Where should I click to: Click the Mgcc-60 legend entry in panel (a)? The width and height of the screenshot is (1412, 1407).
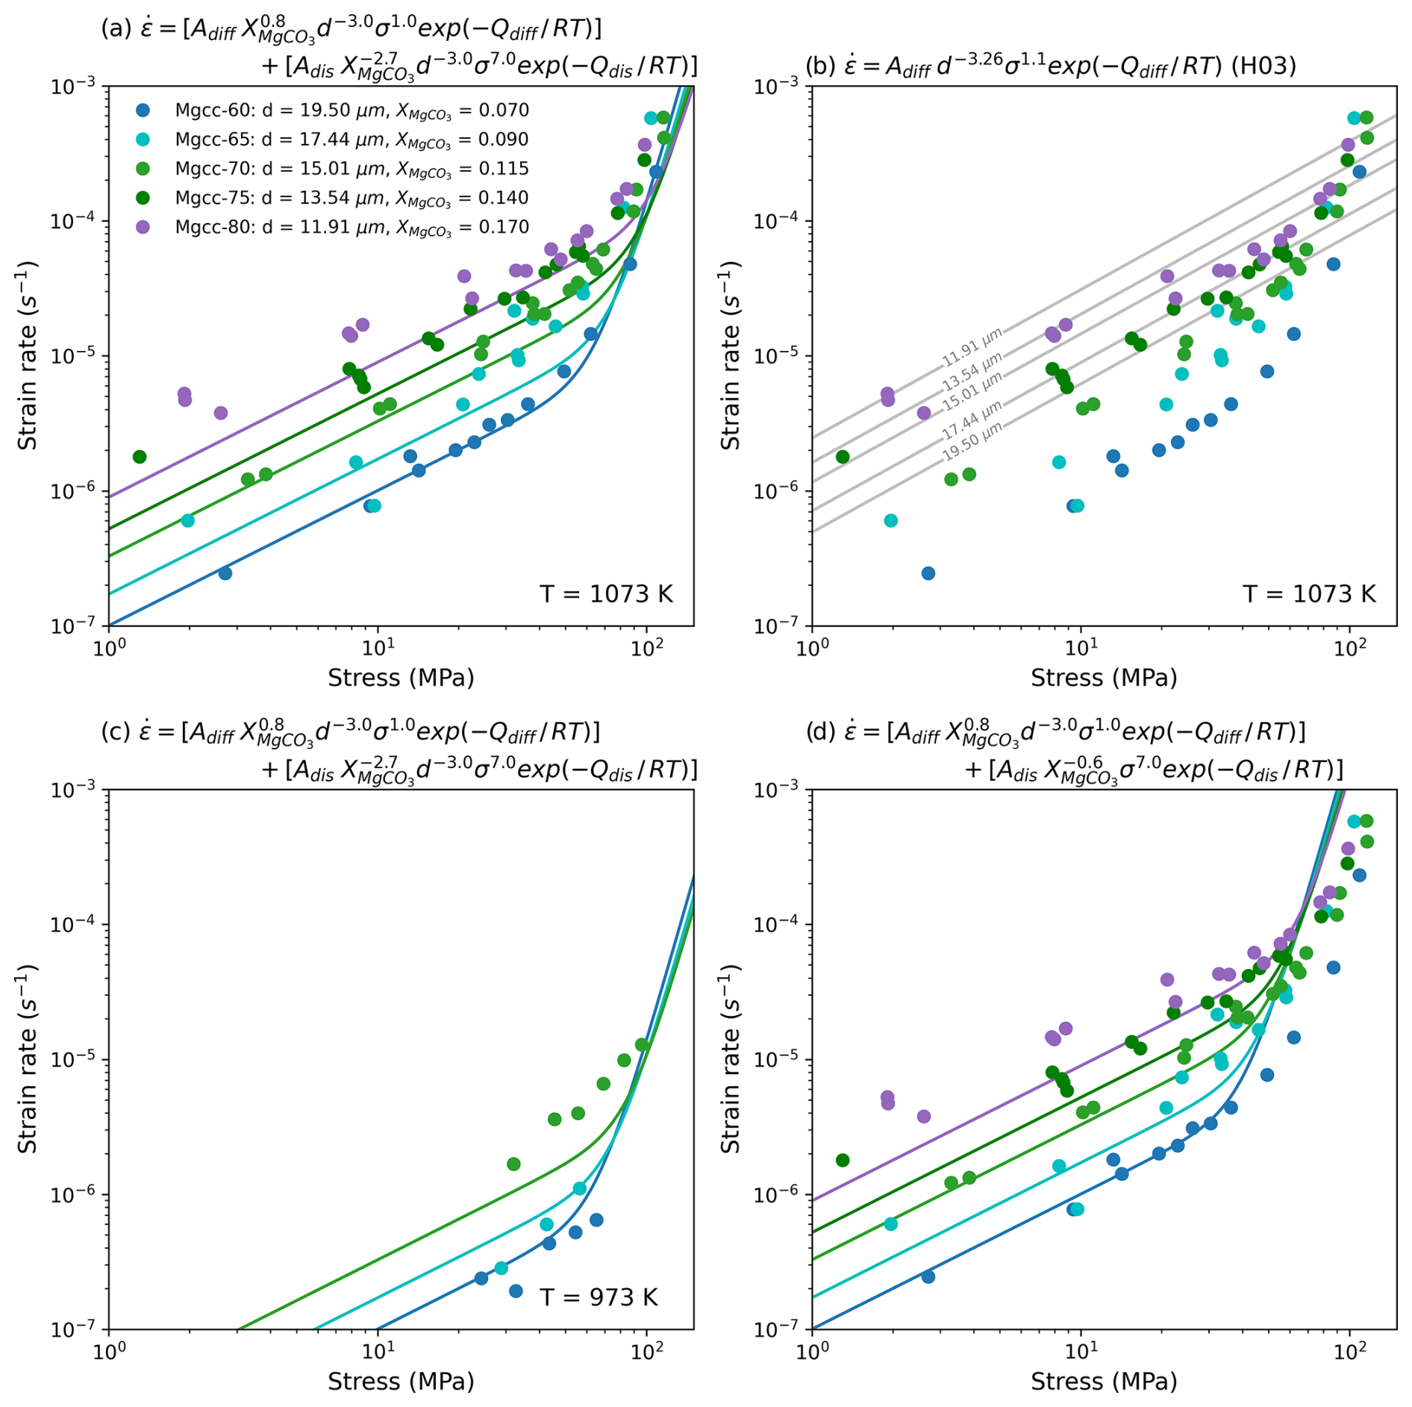point(352,110)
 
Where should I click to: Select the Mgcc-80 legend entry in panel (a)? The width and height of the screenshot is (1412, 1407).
point(352,227)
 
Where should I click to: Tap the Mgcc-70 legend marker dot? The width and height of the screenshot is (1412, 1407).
point(143,169)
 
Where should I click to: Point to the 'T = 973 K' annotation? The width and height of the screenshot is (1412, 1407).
point(599,1297)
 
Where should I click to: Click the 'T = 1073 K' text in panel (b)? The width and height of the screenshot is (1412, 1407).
point(1309,594)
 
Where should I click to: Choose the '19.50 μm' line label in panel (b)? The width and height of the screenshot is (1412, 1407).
point(972,442)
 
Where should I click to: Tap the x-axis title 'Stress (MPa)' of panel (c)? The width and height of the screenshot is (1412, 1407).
point(401,1381)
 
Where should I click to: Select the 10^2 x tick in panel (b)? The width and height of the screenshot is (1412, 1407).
point(1349,645)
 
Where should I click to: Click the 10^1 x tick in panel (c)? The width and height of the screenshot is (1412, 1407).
point(378,1349)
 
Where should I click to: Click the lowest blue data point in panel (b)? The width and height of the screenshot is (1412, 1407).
point(928,573)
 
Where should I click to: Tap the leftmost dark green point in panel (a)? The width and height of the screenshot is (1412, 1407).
point(140,457)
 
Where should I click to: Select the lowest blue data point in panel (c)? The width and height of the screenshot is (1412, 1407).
point(515,1291)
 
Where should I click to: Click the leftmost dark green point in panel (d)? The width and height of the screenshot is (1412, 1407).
point(843,1160)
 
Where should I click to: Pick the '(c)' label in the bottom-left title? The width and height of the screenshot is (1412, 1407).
point(116,731)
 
